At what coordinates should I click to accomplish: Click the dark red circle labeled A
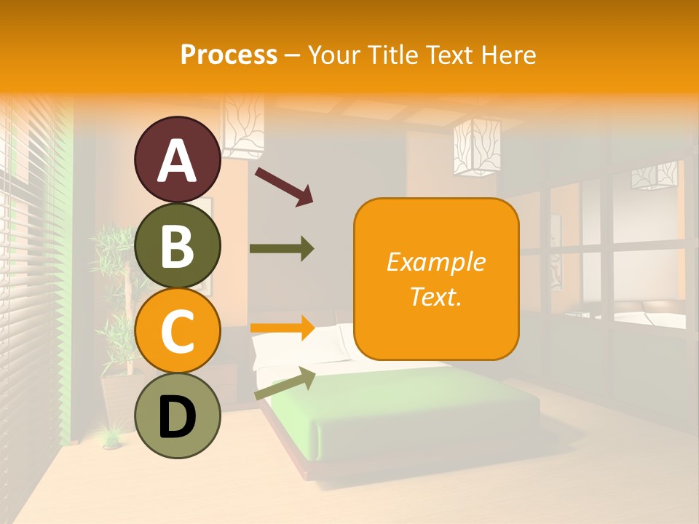[177, 160]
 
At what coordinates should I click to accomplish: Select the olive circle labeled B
[177, 246]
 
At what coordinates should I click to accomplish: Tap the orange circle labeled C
[177, 331]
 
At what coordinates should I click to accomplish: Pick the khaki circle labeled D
[177, 416]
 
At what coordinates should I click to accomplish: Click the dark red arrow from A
[284, 186]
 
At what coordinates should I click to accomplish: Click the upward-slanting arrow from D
[285, 383]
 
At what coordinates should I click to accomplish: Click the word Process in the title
[229, 55]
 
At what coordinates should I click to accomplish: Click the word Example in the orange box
[435, 262]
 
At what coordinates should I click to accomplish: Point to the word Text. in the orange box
[435, 296]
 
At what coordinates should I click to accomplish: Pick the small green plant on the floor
[111, 437]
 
